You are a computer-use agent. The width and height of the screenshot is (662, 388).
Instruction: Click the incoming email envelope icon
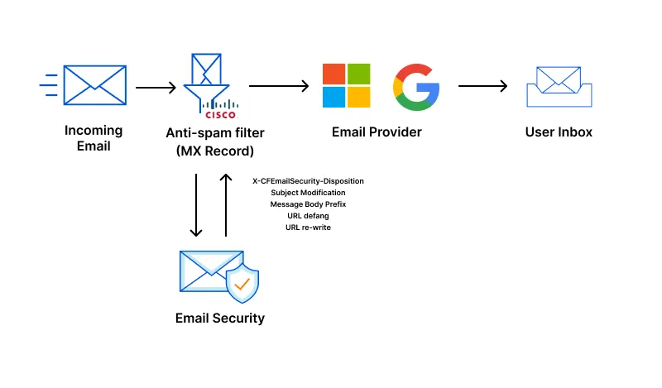pyautogui.click(x=94, y=86)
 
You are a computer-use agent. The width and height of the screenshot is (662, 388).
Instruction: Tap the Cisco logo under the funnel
pyautogui.click(x=219, y=110)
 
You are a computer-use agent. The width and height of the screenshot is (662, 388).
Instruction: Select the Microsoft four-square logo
pyautogui.click(x=346, y=86)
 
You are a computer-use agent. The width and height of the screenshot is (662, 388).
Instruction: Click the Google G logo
pyautogui.click(x=416, y=86)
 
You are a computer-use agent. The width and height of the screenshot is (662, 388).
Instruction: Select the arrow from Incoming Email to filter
pyautogui.click(x=156, y=87)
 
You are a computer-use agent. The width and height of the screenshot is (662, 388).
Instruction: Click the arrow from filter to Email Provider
pyautogui.click(x=279, y=86)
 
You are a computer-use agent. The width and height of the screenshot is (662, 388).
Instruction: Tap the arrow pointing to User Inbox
pyautogui.click(x=482, y=86)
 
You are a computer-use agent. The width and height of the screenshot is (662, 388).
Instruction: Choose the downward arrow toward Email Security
pyautogui.click(x=196, y=204)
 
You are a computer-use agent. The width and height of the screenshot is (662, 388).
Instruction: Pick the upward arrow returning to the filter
pyautogui.click(x=226, y=204)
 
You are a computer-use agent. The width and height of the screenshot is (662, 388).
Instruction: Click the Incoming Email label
pyautogui.click(x=94, y=138)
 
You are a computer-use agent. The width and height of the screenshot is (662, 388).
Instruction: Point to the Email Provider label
pyautogui.click(x=377, y=132)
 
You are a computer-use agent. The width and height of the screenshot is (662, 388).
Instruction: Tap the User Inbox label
pyautogui.click(x=559, y=132)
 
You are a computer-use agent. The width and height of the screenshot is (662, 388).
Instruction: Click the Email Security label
pyautogui.click(x=220, y=318)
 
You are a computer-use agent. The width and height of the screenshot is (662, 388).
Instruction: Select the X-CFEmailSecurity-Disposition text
pyautogui.click(x=308, y=180)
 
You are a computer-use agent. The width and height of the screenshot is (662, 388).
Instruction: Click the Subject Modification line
pyautogui.click(x=308, y=192)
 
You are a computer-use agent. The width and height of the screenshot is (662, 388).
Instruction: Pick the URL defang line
pyautogui.click(x=308, y=215)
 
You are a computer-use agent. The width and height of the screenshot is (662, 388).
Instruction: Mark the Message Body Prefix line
pyautogui.click(x=308, y=204)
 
